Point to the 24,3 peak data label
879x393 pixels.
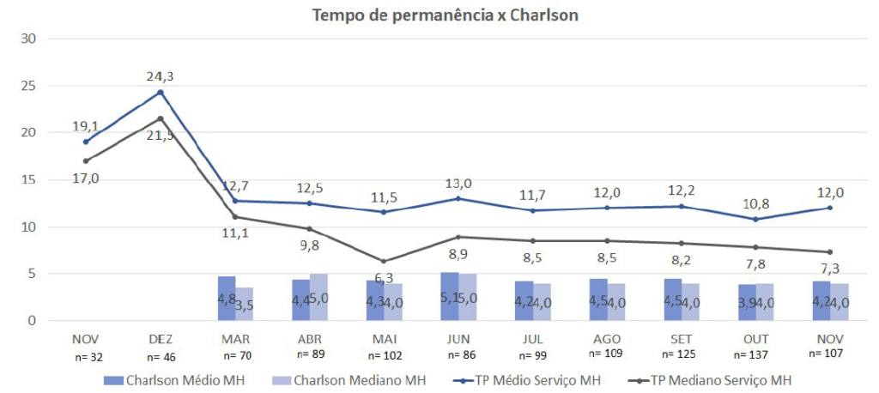point(161,76)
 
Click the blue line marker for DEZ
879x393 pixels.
point(161,93)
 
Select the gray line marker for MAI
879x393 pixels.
point(383,261)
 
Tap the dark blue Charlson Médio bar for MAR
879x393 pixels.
point(227,298)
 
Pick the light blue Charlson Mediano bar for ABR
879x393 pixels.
point(318,297)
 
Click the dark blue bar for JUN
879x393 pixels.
point(449,296)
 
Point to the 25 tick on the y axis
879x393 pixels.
point(29,86)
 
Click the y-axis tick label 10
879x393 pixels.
point(29,227)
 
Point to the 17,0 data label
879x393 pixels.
point(86,178)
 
